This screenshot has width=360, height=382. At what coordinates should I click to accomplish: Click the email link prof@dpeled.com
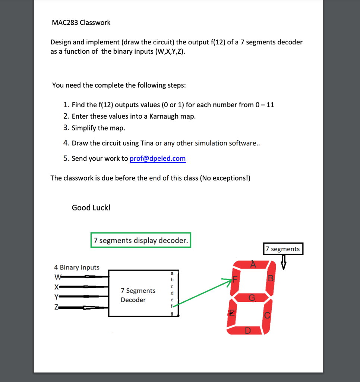158,159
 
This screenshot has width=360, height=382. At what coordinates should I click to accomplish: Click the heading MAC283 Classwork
81,23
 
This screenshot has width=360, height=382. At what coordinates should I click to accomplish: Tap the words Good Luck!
91,207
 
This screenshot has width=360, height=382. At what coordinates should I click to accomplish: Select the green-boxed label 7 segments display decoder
141,240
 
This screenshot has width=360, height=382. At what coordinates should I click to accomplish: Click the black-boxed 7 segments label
283,249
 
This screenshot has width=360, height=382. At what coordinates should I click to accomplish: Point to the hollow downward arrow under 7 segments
284,262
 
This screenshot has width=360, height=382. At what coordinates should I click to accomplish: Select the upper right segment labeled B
271,278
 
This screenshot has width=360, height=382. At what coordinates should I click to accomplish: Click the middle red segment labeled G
252,297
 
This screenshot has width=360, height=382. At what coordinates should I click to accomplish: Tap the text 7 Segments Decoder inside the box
138,295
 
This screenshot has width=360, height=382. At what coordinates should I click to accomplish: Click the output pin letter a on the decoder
172,273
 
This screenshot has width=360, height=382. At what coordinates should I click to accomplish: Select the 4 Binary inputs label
77,267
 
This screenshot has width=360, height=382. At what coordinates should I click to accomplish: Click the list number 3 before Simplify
66,128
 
